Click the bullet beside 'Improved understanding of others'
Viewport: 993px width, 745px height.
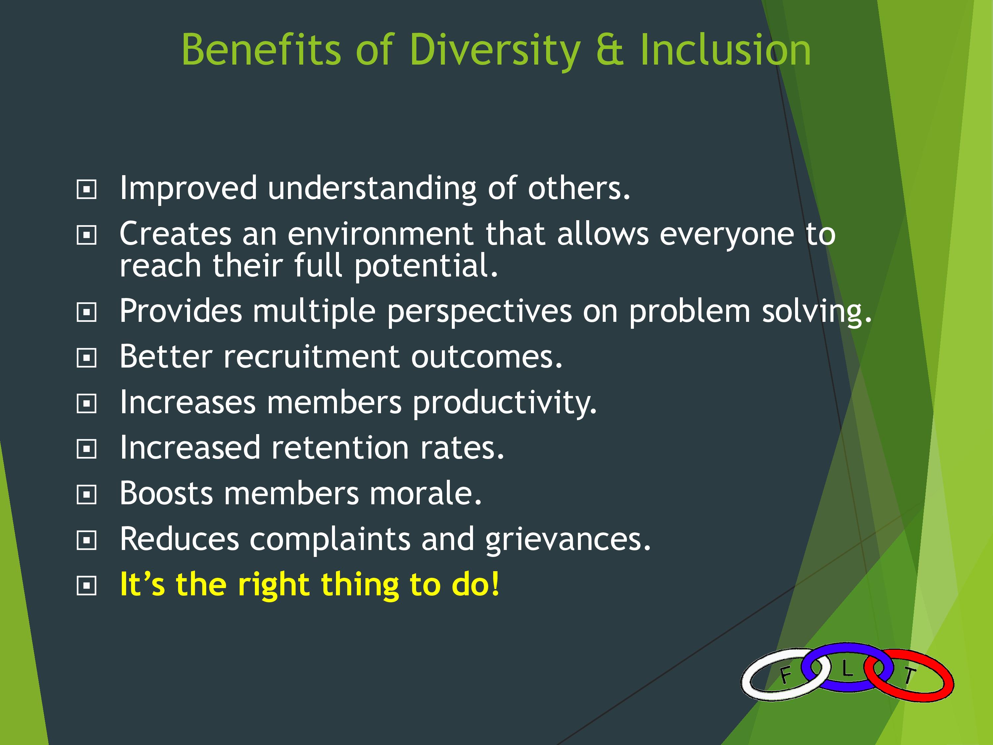(87, 189)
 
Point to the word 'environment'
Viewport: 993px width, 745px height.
(380, 234)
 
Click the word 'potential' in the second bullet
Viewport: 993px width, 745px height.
(426, 266)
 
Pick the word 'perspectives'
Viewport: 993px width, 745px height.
(479, 312)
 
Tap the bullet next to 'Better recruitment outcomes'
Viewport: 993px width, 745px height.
(87, 358)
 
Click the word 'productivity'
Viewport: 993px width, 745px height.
(504, 403)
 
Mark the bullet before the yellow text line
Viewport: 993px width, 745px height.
(87, 586)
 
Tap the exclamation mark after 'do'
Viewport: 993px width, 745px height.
(495, 584)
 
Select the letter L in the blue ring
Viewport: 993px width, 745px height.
(847, 669)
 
